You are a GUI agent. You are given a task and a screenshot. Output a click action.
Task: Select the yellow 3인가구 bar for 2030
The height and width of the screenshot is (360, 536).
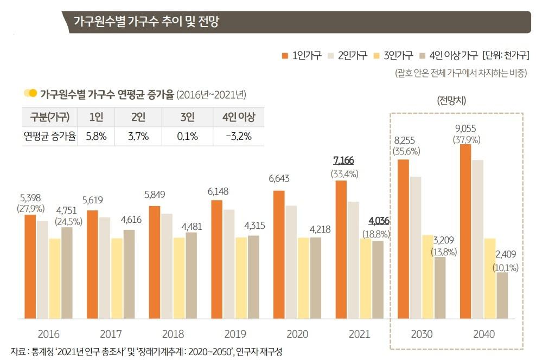point(428,277)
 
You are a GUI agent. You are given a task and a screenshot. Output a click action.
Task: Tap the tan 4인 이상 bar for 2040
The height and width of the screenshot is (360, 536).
point(502,295)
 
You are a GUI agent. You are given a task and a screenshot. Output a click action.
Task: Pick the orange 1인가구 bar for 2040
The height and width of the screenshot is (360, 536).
point(465,231)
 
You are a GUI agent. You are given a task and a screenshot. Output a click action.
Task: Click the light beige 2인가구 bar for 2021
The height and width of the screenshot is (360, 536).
point(353,260)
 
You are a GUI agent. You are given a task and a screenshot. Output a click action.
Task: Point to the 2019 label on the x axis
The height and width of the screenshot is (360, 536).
point(235,334)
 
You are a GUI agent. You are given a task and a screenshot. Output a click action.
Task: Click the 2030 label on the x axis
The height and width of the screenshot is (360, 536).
point(422,334)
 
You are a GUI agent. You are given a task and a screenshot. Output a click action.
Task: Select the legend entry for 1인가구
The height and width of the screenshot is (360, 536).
point(302,55)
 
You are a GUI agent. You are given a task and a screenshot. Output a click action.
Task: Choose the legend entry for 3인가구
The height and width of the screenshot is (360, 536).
point(394,55)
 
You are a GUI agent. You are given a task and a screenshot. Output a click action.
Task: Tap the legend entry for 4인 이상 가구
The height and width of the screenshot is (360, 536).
point(448,55)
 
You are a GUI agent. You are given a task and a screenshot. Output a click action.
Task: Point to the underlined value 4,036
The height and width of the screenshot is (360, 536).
point(379,221)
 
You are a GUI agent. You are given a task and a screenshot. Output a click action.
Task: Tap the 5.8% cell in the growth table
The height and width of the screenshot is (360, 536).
point(96,137)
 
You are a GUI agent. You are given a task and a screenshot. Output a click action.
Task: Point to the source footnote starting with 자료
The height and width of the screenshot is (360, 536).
point(146,351)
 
